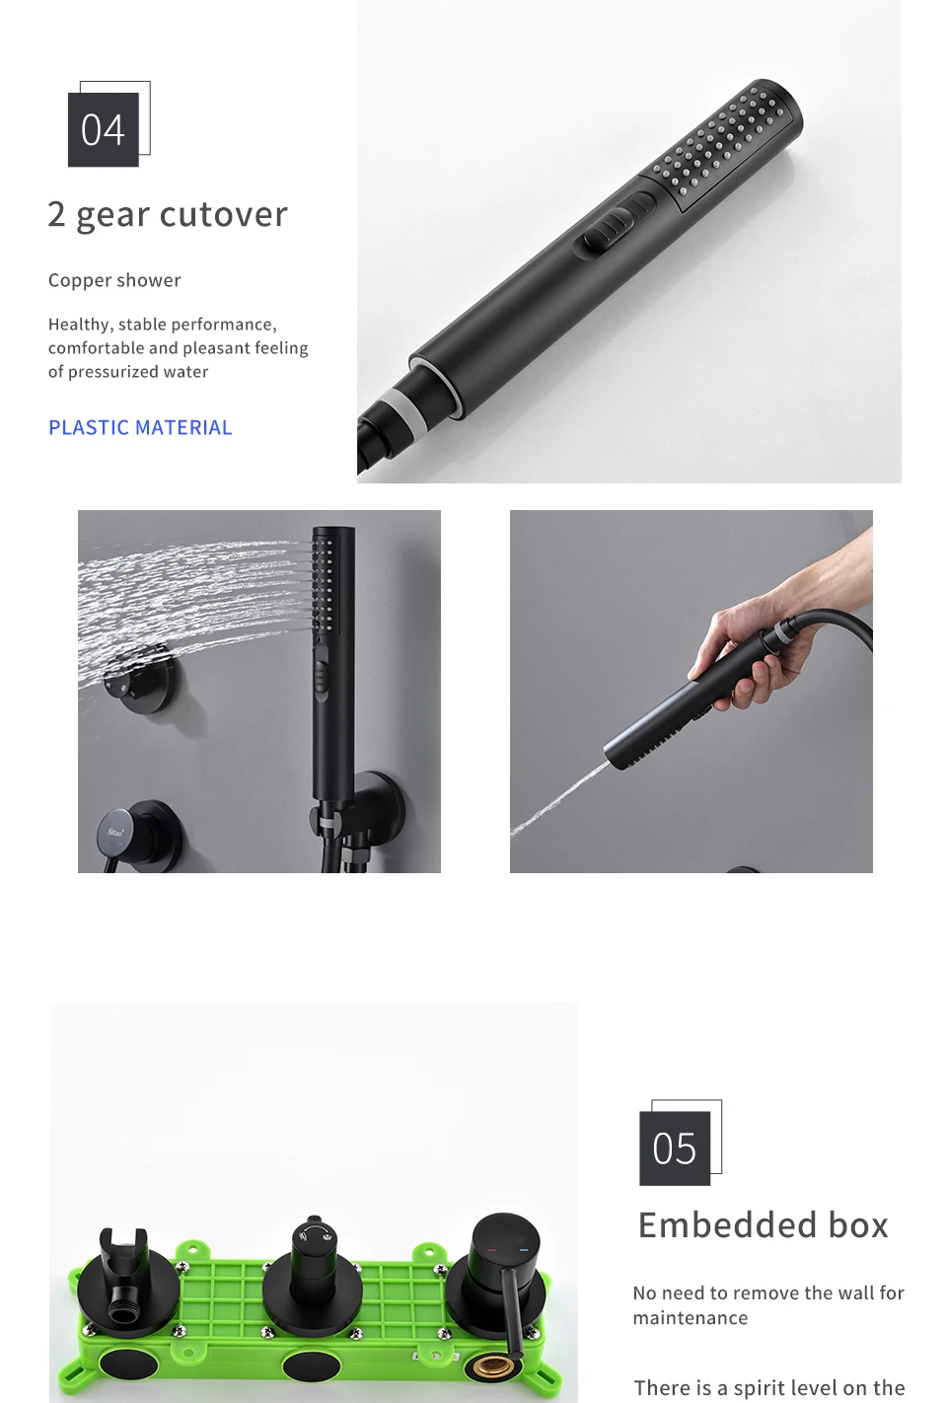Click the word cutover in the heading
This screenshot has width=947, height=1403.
224,214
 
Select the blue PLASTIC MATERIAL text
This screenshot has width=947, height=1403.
140,428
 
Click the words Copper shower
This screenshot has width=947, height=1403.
114,280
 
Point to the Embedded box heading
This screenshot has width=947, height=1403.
763,1225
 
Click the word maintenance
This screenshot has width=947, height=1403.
691,1318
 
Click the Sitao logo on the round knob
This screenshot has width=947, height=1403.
115,832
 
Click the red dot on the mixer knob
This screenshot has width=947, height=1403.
492,1251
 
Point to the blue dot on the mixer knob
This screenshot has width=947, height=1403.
524,1250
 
